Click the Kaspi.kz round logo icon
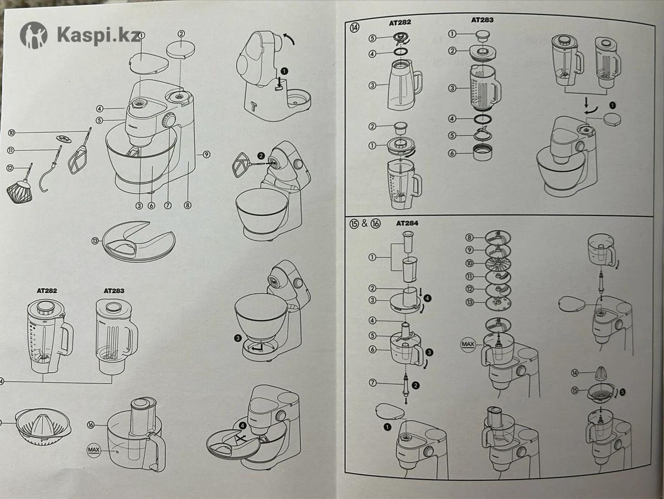point(34,35)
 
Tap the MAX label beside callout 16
point(96,450)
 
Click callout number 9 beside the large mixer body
point(206,155)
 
